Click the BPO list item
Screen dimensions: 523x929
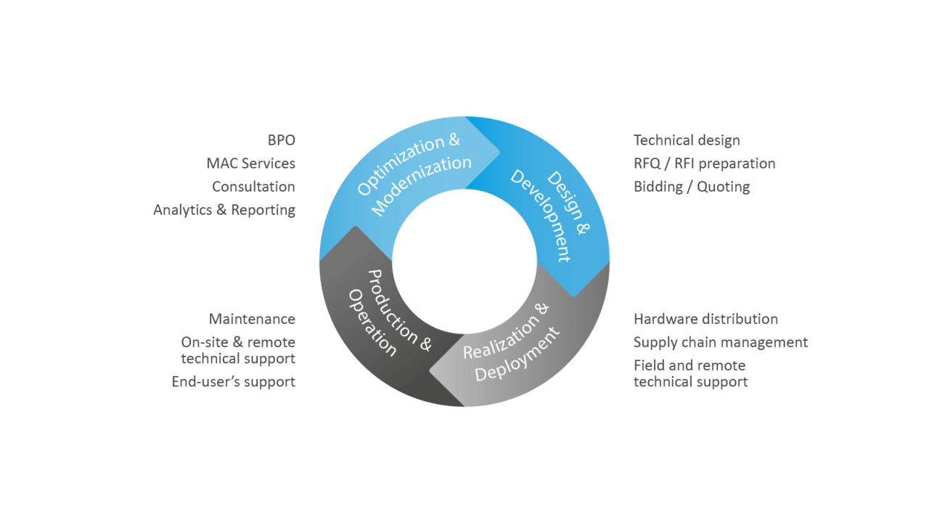(x=282, y=140)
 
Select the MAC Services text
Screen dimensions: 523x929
(x=250, y=163)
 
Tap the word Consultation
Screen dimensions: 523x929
(x=253, y=187)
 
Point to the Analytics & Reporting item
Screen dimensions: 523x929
(x=224, y=210)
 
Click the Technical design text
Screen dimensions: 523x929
(x=687, y=140)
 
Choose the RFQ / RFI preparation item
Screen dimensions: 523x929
(x=704, y=163)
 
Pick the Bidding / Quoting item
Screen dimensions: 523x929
(x=691, y=187)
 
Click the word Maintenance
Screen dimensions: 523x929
(x=252, y=319)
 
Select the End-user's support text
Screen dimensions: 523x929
(x=233, y=381)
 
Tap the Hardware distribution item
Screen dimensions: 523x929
(x=705, y=319)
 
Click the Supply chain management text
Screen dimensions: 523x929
(x=720, y=342)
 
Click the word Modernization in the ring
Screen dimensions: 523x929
(x=421, y=185)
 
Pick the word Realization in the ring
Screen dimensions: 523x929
(x=501, y=334)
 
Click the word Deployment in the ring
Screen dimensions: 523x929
(x=518, y=356)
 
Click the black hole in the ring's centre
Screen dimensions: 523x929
(x=464, y=261)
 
